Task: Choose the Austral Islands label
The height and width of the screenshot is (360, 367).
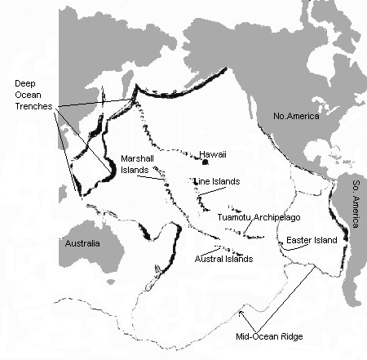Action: [x=225, y=258]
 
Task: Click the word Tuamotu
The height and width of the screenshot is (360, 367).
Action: [x=234, y=217]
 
